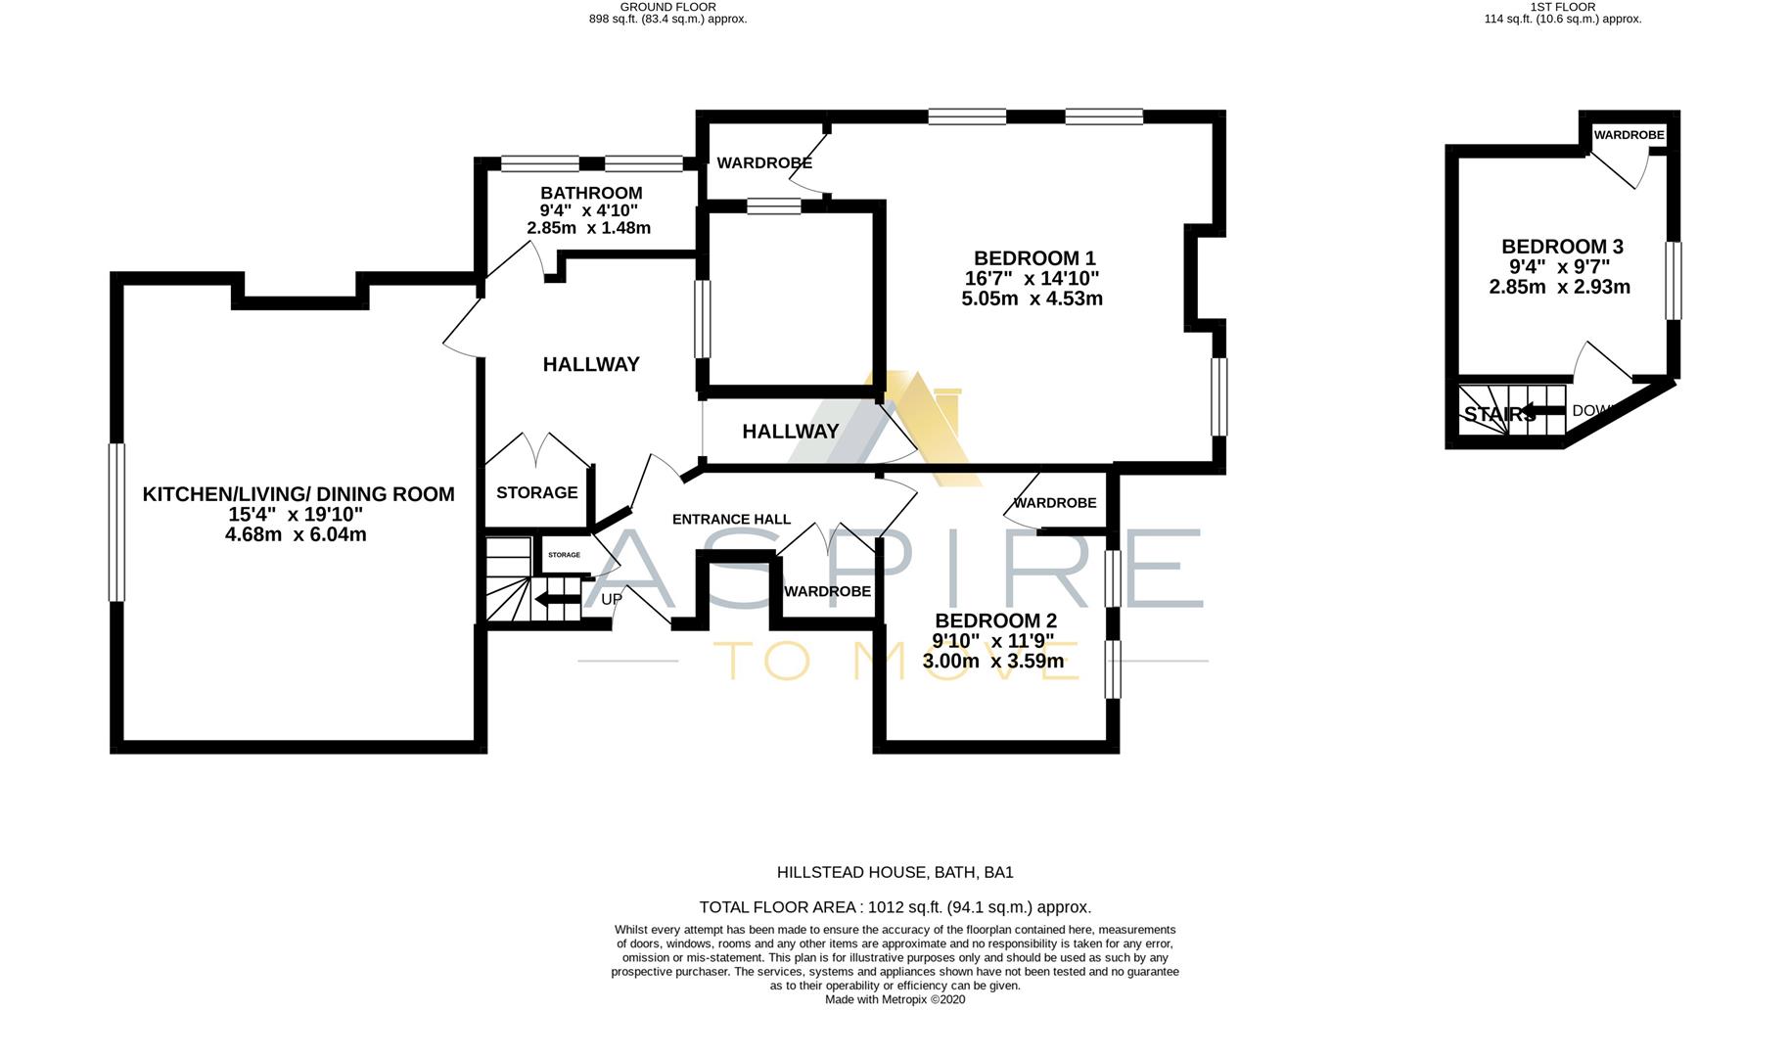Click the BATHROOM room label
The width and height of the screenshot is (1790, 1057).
point(591,193)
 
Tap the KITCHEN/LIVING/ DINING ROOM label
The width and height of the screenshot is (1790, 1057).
point(298,494)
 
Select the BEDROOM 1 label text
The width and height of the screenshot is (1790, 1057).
point(1034,258)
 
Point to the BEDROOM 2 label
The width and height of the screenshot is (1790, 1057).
point(995,620)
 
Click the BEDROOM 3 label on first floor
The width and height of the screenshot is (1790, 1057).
point(1555,247)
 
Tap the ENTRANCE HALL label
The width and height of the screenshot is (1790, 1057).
point(731,520)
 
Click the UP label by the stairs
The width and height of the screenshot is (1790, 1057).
point(612,599)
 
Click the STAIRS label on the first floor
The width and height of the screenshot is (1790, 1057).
point(1499,415)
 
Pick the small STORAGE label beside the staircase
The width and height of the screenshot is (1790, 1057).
point(564,555)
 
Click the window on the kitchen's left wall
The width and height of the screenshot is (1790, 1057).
point(116,522)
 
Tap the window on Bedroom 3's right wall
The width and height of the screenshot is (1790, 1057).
point(1674,280)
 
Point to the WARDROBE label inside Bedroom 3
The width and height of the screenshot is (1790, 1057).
point(1629,135)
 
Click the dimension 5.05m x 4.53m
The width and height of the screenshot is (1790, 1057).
point(1032,299)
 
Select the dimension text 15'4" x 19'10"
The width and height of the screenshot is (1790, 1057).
point(296,515)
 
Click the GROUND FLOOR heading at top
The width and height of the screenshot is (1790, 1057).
point(667,7)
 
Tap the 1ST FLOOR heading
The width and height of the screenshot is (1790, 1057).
point(1562,7)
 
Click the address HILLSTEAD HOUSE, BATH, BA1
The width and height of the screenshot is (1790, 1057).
point(895,872)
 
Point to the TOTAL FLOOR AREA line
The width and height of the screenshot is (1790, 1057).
point(895,907)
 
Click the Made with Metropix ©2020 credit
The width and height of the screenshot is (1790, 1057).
point(895,1000)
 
